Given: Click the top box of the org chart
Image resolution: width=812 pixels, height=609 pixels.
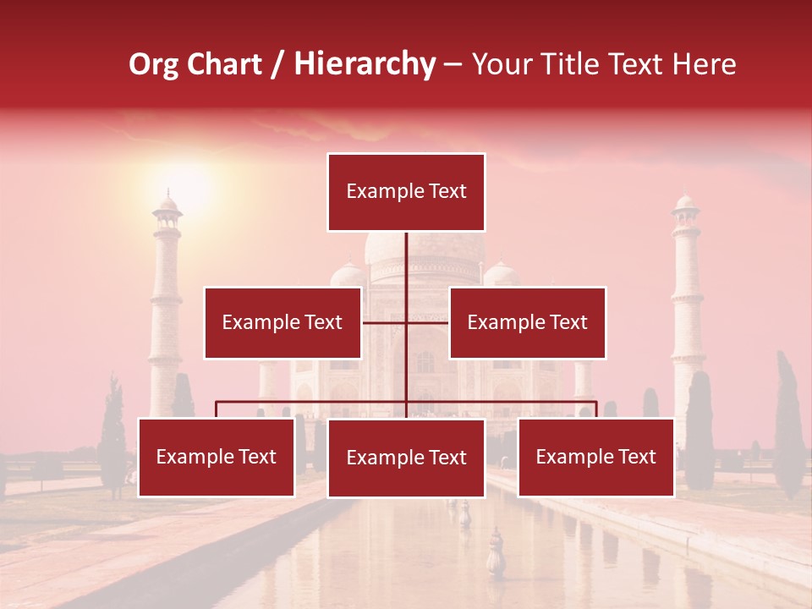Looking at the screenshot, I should point(406,192).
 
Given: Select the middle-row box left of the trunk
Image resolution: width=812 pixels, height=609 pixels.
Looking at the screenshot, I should point(283,322).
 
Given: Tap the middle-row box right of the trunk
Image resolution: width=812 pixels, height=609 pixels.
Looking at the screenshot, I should point(527,322).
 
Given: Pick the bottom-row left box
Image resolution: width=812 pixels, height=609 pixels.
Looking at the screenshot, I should point(216,458).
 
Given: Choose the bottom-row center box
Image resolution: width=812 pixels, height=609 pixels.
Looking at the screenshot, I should point(406,458).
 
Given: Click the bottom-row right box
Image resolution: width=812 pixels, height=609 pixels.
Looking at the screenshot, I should point(595,458).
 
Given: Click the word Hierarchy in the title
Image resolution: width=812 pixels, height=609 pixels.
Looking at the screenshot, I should point(365,64).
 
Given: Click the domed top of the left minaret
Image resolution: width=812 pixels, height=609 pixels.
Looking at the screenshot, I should point(167,205).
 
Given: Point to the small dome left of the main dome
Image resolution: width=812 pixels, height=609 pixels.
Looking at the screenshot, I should point(347,273).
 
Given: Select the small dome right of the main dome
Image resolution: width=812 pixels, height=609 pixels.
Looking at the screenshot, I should point(501,273).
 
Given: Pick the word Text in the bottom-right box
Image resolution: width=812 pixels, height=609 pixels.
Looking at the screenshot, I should point(636,458).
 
